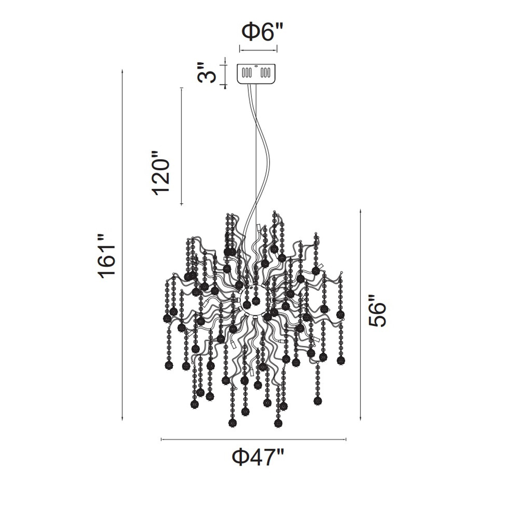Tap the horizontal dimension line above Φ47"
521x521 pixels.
[x=253, y=439]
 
